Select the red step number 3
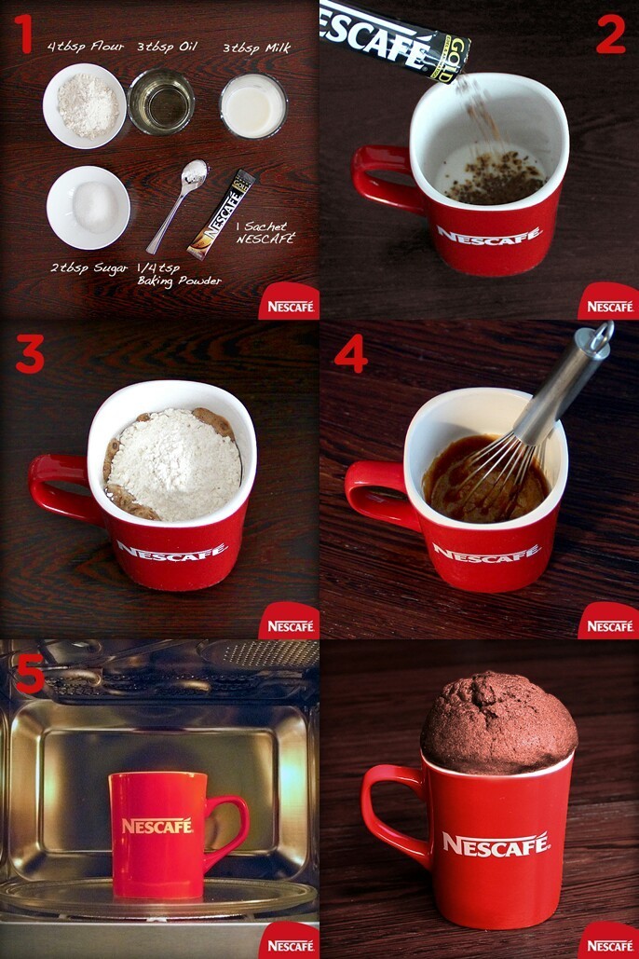[29, 355]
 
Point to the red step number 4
[351, 353]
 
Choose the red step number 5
[28, 674]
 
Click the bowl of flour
[84, 105]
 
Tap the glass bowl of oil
[161, 102]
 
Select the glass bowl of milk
[252, 105]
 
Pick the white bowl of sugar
[88, 206]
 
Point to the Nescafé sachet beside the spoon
[222, 214]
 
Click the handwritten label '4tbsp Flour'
[85, 46]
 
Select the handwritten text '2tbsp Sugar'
[90, 267]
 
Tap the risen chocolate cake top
[497, 719]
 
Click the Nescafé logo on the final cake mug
[496, 844]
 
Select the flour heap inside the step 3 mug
[174, 461]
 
